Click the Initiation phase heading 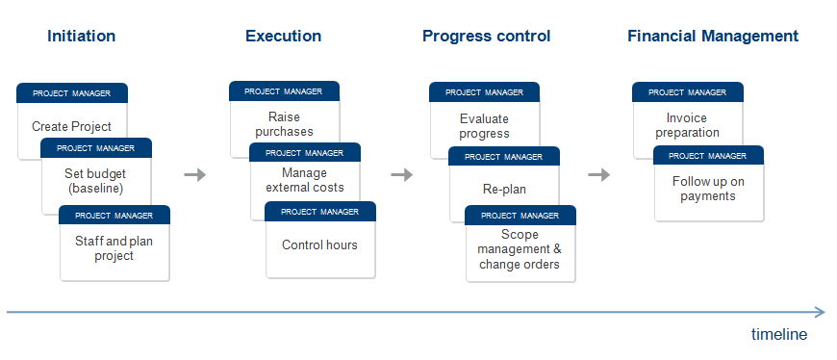(x=81, y=36)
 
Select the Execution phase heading (x=284, y=36)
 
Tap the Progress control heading (x=486, y=37)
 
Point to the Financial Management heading (x=713, y=37)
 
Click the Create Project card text (x=71, y=127)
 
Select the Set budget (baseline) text (x=95, y=181)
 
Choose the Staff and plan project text (x=114, y=248)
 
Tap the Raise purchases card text (x=284, y=124)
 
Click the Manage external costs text (x=305, y=180)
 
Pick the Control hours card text (x=319, y=245)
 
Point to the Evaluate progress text (x=484, y=126)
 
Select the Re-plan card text (x=504, y=189)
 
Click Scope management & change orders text (x=520, y=249)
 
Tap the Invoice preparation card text (x=687, y=125)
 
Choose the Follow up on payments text (x=708, y=189)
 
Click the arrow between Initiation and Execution (x=195, y=174)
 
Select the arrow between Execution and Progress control (x=401, y=174)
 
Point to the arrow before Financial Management (x=599, y=174)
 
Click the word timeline (x=779, y=334)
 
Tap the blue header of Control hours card (x=320, y=212)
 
